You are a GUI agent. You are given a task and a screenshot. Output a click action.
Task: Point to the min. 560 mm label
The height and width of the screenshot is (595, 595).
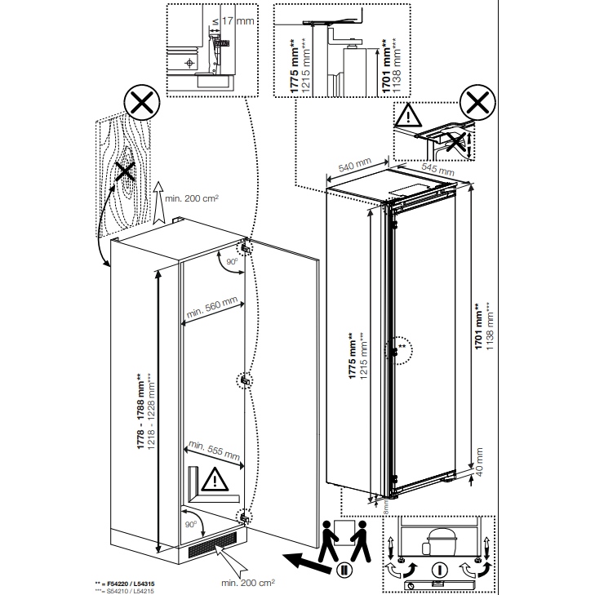pyautogui.click(x=211, y=309)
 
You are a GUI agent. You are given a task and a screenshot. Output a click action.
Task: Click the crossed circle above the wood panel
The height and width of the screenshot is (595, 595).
pyautogui.click(x=140, y=105)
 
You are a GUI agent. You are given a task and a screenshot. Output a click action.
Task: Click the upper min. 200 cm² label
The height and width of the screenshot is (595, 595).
pyautogui.click(x=193, y=198)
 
